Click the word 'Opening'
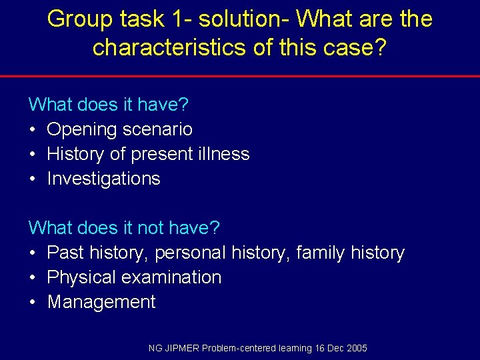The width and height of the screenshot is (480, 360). coord(82,129)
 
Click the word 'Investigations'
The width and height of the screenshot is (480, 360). coord(103,179)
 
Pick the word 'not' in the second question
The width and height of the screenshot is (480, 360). coord(149,228)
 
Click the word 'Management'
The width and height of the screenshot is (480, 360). coord(101,302)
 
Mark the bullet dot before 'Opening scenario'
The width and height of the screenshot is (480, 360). coord(32,130)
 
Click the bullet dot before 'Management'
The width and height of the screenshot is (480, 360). coord(32,303)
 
